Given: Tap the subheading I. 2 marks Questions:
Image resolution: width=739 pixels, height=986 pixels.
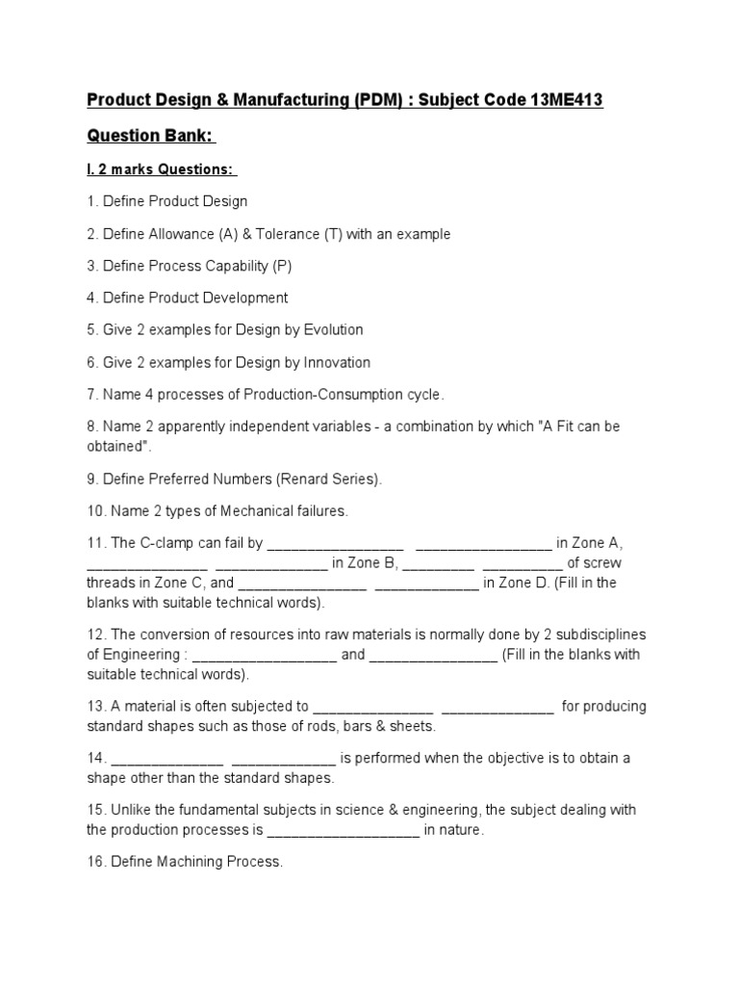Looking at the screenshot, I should point(160,169).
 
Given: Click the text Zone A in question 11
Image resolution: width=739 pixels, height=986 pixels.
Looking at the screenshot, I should point(604,543).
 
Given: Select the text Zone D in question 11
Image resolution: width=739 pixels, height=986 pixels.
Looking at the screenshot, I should point(564,583).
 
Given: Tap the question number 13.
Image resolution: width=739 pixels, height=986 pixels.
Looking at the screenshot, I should point(96,706).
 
